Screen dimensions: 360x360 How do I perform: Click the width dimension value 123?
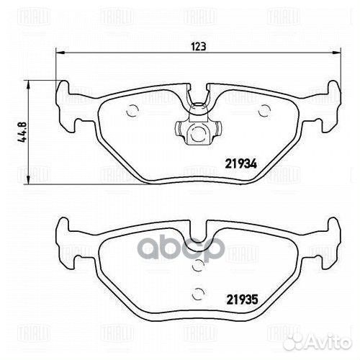tap(199, 46)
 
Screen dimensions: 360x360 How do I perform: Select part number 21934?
tap(241, 164)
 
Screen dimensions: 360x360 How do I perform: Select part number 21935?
tap(242, 300)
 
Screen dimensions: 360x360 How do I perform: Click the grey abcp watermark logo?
tap(182, 248)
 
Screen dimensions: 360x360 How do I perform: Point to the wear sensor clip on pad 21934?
tap(198, 124)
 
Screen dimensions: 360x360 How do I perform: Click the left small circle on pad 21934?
tap(132, 111)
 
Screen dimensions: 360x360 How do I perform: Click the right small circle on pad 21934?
tap(264, 111)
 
